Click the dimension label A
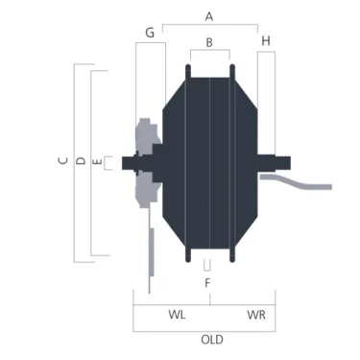coord(209,16)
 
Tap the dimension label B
coord(209,42)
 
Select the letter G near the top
coord(150,33)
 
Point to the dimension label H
coord(266,41)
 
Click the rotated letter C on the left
coord(63,160)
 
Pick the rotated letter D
coord(82,160)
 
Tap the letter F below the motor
coord(207,283)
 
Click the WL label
coord(177,315)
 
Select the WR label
coord(256,315)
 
